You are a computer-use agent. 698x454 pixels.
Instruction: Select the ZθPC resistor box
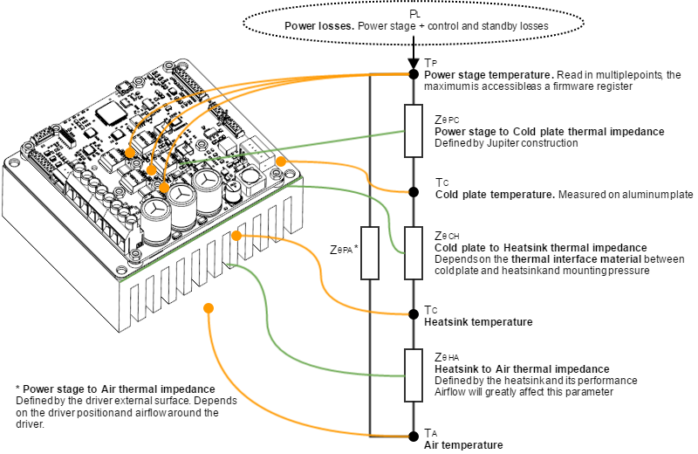tap(414, 132)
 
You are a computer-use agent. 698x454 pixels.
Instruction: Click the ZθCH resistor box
tap(414, 253)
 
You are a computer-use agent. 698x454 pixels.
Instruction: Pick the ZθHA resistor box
tap(414, 375)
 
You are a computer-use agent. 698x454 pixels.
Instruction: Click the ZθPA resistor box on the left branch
tap(370, 253)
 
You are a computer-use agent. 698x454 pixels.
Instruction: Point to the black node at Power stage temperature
tap(414, 74)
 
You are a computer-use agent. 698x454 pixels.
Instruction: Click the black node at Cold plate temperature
tap(414, 192)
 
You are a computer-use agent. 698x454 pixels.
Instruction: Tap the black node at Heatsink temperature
tap(414, 313)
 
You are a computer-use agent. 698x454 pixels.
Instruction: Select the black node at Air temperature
tap(414, 435)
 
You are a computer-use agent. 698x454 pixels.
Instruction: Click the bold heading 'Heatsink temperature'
tap(478, 322)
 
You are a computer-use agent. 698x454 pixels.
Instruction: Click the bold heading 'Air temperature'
tap(463, 445)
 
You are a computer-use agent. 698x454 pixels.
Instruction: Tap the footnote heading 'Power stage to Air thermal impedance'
tap(119, 389)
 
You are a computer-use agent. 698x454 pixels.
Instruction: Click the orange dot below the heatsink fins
tap(209, 306)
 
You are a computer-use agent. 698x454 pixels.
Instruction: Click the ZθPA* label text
tap(346, 250)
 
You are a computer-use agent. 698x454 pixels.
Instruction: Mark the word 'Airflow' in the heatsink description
tap(451, 392)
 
